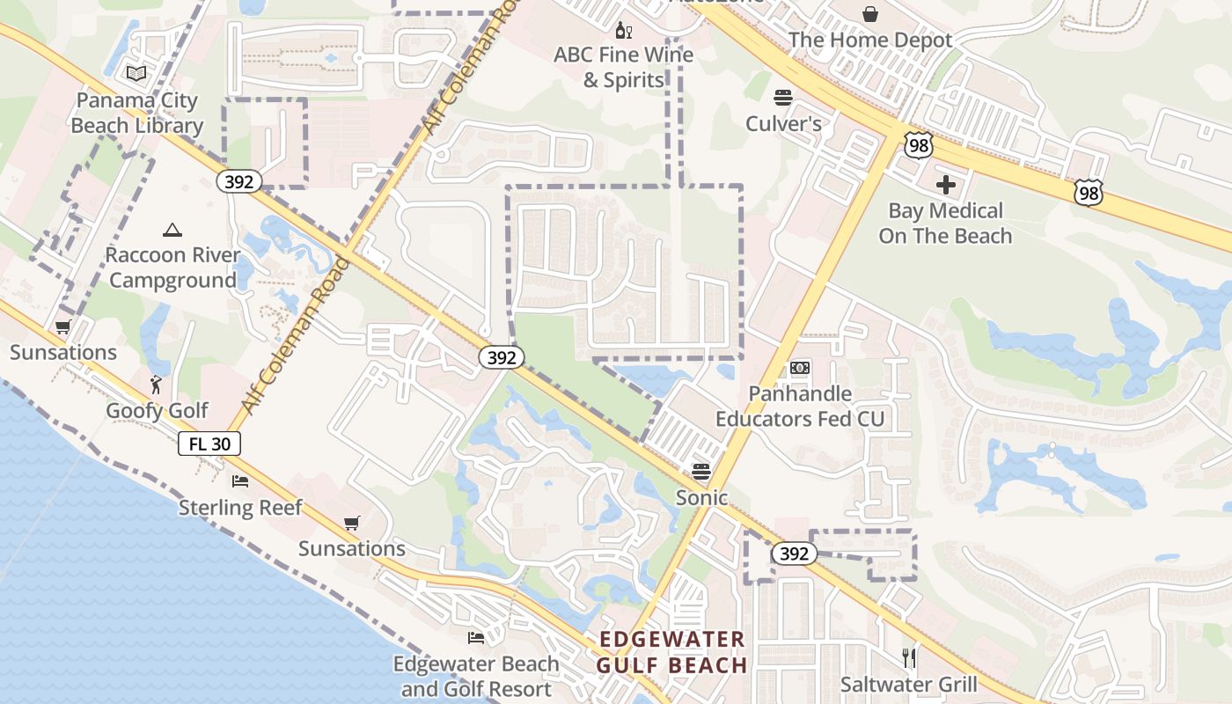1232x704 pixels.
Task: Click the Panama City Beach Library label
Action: [136, 113]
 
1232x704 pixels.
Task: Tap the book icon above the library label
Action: [136, 73]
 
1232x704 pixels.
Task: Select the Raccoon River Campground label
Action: [172, 268]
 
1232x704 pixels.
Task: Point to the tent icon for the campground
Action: [172, 231]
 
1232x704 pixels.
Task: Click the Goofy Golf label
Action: [157, 410]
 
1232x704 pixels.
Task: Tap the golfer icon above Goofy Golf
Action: [157, 385]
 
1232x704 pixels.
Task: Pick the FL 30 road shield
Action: [209, 444]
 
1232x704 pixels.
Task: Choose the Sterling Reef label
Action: [240, 507]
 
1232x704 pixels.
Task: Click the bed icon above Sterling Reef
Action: [240, 480]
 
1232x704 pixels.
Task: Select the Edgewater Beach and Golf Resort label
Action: [476, 676]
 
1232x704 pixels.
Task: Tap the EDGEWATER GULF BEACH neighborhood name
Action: [671, 652]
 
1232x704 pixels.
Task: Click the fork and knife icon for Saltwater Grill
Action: [909, 657]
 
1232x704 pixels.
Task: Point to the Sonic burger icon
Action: [701, 471]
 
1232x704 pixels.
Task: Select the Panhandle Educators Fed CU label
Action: [799, 406]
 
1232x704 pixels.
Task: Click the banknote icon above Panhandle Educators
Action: [799, 367]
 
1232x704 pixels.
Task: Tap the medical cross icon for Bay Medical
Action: [946, 185]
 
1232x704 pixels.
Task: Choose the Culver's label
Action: [783, 123]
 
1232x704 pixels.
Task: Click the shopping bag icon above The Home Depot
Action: [870, 14]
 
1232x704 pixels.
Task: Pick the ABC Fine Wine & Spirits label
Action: [623, 67]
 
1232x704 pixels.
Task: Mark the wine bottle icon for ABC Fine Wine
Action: [623, 31]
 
